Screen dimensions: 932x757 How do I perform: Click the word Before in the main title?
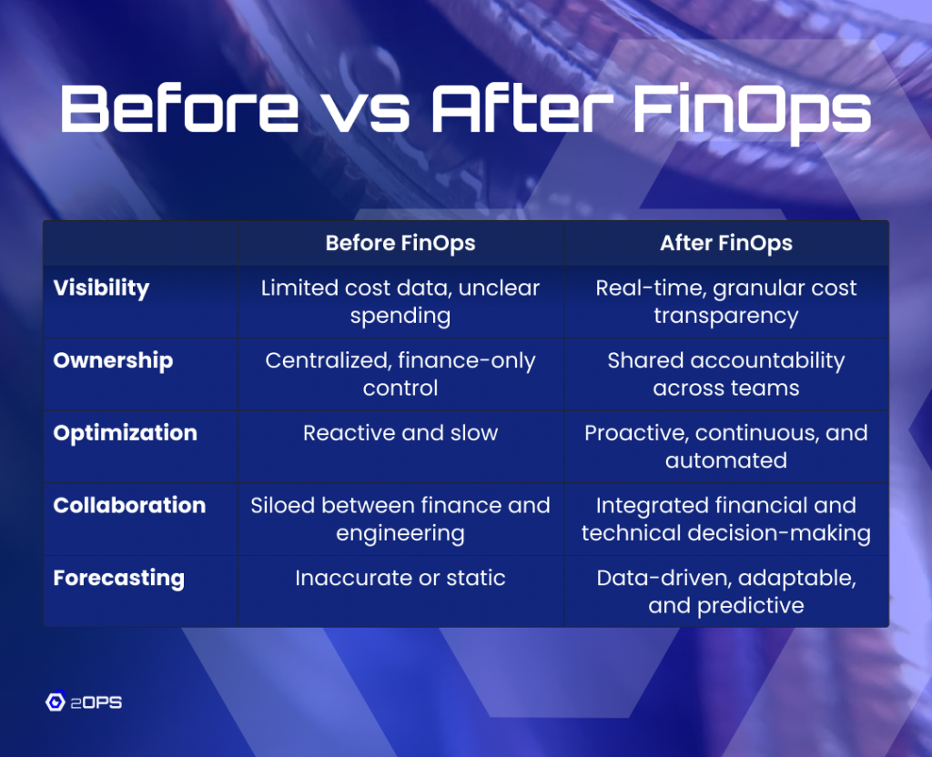(x=179, y=108)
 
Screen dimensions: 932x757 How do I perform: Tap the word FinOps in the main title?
(x=751, y=111)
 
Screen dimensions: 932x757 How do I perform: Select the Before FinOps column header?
(x=400, y=243)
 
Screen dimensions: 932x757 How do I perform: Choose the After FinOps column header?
(x=725, y=243)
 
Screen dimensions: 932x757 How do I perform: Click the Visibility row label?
(x=101, y=288)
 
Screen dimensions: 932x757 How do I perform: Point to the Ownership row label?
(x=113, y=360)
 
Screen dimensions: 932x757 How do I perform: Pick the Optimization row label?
(x=125, y=433)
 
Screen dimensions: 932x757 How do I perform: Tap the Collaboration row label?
(x=129, y=505)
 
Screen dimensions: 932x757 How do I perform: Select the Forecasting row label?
(x=119, y=578)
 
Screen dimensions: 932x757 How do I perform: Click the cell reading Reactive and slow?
(x=400, y=433)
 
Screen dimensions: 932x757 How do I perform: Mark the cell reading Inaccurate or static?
(x=400, y=578)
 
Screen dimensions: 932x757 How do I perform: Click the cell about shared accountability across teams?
(x=725, y=374)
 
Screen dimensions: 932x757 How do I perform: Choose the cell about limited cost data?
(x=400, y=302)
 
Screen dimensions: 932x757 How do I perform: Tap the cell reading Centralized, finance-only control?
(x=400, y=374)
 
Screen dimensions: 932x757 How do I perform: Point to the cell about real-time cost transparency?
(x=725, y=302)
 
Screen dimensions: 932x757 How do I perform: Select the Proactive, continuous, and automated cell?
(x=725, y=447)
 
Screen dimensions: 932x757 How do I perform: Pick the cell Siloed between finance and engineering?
(x=400, y=520)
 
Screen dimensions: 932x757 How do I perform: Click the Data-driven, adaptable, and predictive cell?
(x=725, y=591)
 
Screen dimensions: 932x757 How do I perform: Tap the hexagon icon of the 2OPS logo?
(x=56, y=701)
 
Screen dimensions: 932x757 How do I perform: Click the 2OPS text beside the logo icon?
(x=96, y=703)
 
